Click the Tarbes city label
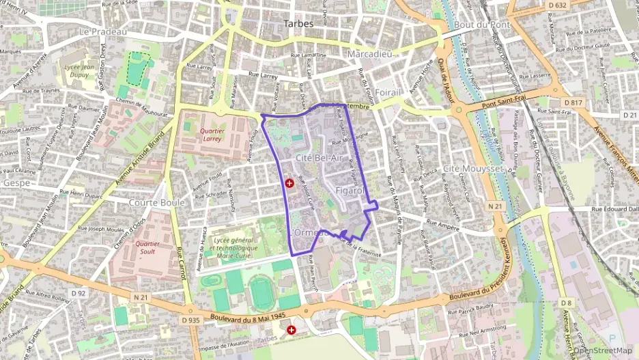tap(298, 24)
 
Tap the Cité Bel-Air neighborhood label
tap(319, 158)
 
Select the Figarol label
tap(351, 191)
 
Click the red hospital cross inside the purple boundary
tap(289, 183)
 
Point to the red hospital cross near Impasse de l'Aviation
tap(292, 330)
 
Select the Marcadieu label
tap(369, 53)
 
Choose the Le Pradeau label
tap(103, 31)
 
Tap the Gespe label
tap(16, 183)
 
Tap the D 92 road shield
tap(79, 294)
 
